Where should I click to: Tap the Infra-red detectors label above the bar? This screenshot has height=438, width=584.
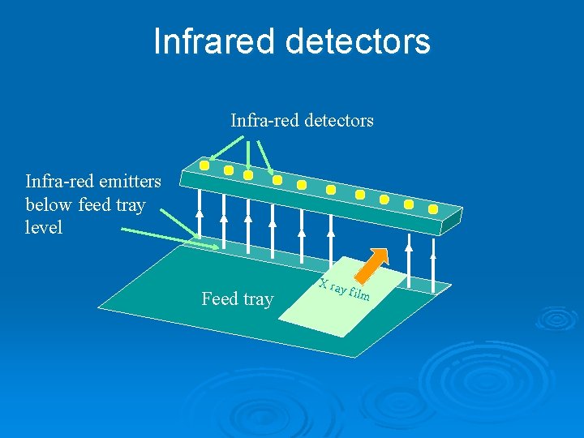click(x=302, y=121)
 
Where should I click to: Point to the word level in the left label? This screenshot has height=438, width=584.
click(x=44, y=228)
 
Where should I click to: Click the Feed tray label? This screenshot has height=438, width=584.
click(x=237, y=299)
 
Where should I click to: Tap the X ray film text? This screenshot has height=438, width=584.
click(x=345, y=289)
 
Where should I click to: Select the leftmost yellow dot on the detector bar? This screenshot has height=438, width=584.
click(x=204, y=165)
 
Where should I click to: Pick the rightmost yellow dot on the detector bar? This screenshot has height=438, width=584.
click(x=433, y=208)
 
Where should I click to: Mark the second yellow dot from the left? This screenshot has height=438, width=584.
click(x=229, y=170)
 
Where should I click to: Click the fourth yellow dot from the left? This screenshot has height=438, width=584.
click(x=277, y=180)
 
